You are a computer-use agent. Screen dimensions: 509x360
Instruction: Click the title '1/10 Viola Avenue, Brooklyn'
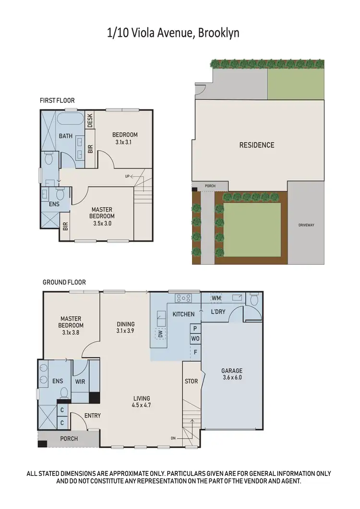tap(173, 33)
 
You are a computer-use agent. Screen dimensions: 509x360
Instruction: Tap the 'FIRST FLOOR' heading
tap(57, 101)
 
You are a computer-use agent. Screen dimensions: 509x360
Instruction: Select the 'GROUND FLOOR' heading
tap(64, 282)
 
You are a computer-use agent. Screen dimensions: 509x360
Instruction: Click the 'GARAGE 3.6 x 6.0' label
tap(232, 374)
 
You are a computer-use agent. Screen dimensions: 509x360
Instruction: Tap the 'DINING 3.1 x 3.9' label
tap(125, 328)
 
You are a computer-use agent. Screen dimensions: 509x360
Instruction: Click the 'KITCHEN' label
tap(183, 314)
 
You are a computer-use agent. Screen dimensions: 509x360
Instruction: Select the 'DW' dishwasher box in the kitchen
tap(160, 334)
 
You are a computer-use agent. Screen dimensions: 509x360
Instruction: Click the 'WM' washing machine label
tap(216, 298)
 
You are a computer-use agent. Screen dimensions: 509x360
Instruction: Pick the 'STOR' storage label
tap(191, 382)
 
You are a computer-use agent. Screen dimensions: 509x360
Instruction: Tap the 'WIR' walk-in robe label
tap(80, 382)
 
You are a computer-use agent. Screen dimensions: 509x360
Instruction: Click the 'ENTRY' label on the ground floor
tap(92, 415)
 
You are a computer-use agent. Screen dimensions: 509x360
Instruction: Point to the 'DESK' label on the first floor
tap(90, 120)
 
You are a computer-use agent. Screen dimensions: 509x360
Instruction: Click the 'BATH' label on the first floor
tap(66, 136)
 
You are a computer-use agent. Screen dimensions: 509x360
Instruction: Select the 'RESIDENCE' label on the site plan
tap(257, 145)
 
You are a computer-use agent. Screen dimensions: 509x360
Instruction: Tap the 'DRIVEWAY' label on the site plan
tap(306, 225)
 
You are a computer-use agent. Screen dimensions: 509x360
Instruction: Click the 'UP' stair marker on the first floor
tap(127, 177)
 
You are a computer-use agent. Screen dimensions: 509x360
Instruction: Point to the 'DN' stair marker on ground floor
tap(173, 438)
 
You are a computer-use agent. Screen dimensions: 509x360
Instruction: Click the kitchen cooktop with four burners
tap(183, 298)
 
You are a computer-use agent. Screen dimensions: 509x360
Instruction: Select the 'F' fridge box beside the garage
tap(195, 351)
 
